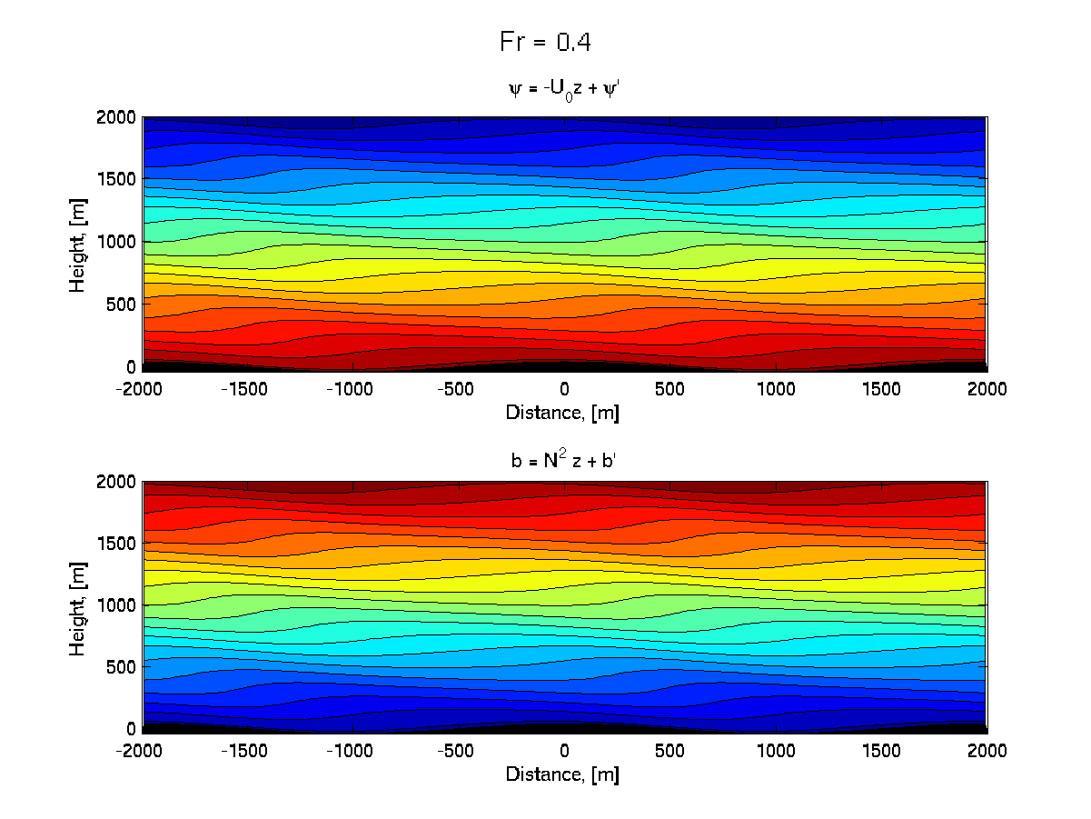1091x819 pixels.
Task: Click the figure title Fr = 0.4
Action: [546, 42]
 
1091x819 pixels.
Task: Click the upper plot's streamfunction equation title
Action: [564, 89]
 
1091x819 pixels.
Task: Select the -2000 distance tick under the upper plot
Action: [143, 389]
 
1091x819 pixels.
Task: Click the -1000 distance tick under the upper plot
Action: [353, 389]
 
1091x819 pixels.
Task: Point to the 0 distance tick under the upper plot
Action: [565, 389]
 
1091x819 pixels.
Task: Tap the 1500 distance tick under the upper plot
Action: [881, 389]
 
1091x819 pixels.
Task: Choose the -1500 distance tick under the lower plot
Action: [248, 752]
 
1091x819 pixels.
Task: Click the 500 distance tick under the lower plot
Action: [670, 752]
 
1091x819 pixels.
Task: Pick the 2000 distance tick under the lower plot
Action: [987, 752]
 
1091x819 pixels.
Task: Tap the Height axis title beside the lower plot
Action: [78, 604]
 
